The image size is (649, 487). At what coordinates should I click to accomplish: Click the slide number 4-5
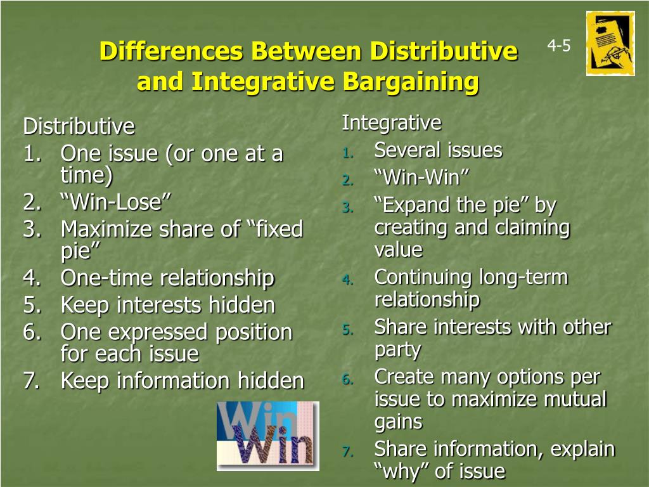pyautogui.click(x=559, y=46)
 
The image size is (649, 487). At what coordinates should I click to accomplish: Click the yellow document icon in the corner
pyautogui.click(x=610, y=43)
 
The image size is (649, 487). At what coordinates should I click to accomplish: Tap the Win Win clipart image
pyautogui.click(x=267, y=436)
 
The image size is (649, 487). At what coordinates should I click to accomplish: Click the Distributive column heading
pyautogui.click(x=79, y=127)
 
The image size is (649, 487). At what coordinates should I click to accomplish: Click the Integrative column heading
pyautogui.click(x=391, y=122)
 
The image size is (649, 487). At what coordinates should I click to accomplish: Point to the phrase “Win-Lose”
pyautogui.click(x=116, y=203)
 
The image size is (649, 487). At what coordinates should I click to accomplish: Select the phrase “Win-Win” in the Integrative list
pyautogui.click(x=416, y=178)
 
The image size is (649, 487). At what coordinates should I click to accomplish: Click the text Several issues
pyautogui.click(x=438, y=151)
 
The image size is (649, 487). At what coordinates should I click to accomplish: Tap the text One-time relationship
pyautogui.click(x=167, y=278)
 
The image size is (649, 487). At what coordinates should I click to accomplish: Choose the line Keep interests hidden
pyautogui.click(x=167, y=305)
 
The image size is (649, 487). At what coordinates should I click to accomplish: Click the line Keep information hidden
pyautogui.click(x=182, y=380)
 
